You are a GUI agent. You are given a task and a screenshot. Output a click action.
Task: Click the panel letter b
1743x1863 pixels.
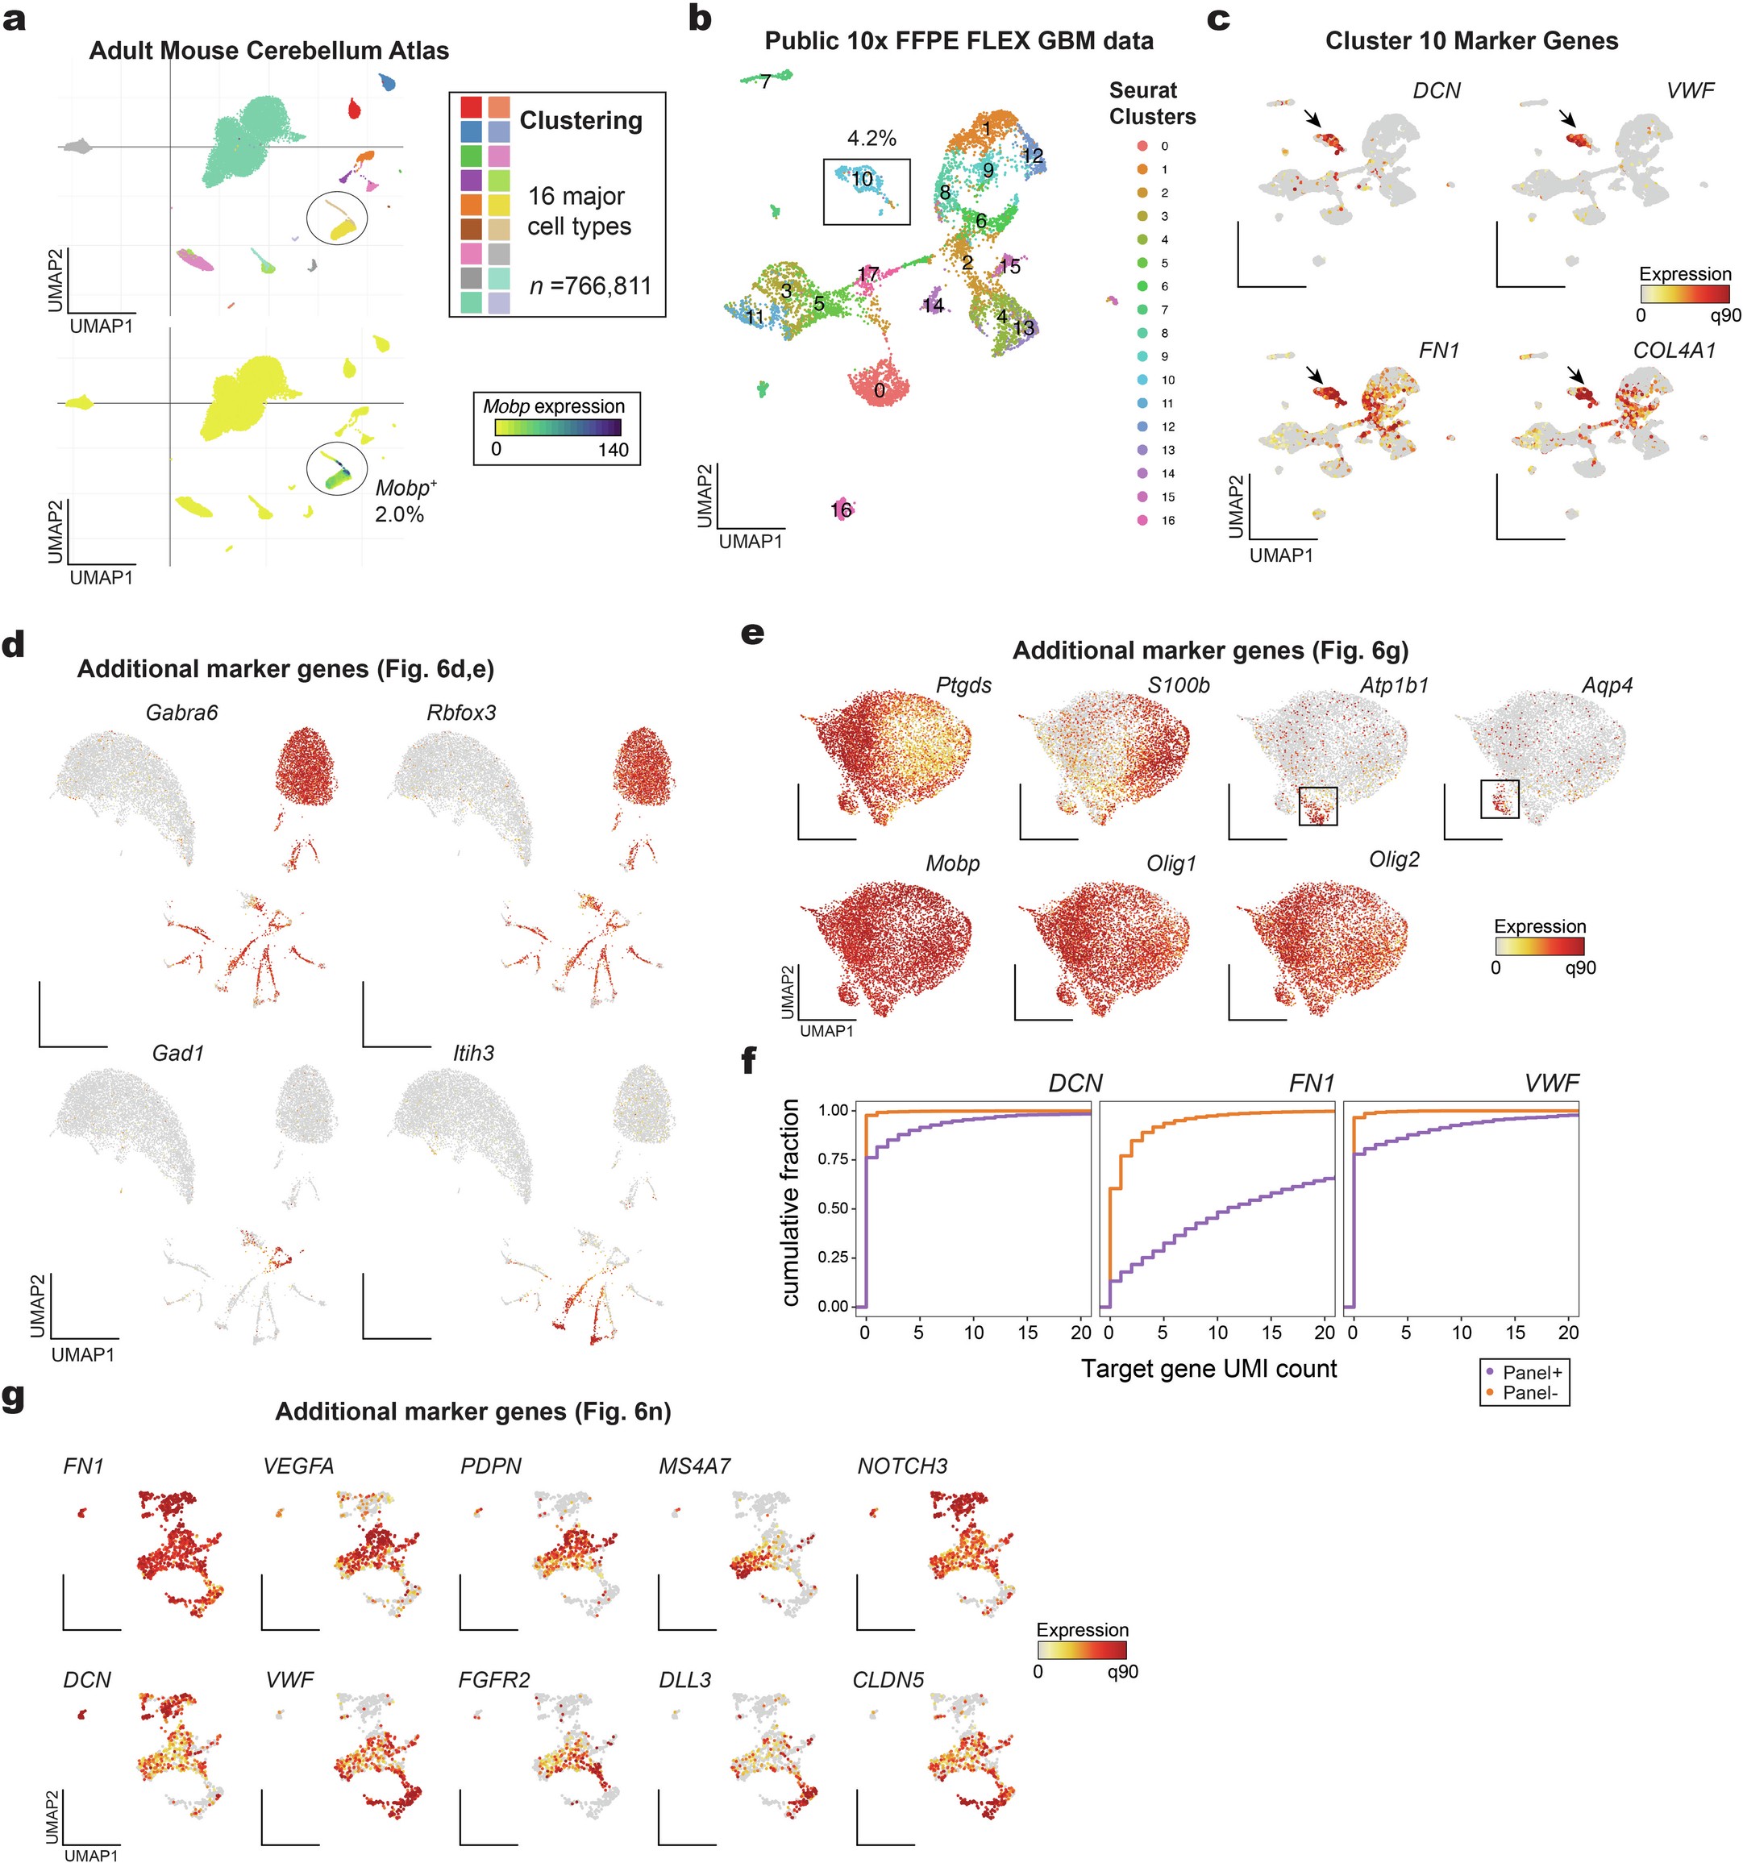(700, 18)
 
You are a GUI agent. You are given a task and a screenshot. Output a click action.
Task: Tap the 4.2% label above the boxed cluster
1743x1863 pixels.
(871, 138)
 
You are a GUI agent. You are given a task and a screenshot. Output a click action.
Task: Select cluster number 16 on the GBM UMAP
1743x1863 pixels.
(841, 509)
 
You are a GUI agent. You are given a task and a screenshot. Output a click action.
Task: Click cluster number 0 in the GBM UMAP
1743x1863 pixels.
(879, 390)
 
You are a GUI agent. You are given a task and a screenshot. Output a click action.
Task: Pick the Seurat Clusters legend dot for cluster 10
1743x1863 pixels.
(1142, 380)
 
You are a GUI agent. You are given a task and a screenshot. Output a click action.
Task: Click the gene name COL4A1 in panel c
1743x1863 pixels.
(1674, 351)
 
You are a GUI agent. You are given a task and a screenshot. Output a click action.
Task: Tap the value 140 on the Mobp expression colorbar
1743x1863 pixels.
(613, 449)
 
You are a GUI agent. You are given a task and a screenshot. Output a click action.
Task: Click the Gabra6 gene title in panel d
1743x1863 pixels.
(181, 712)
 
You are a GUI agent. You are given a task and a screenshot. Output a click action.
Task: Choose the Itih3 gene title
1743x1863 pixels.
(473, 1054)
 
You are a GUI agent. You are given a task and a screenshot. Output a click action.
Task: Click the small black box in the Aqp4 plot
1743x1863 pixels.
(1500, 797)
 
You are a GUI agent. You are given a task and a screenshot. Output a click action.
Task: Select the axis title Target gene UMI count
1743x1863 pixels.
(1208, 1368)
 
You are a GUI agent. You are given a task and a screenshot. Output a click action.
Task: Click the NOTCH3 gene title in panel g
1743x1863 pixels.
(901, 1466)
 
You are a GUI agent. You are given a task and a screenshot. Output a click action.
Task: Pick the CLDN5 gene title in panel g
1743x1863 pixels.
(888, 1680)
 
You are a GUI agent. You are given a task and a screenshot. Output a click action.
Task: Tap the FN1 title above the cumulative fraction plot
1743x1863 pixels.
(1311, 1083)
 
